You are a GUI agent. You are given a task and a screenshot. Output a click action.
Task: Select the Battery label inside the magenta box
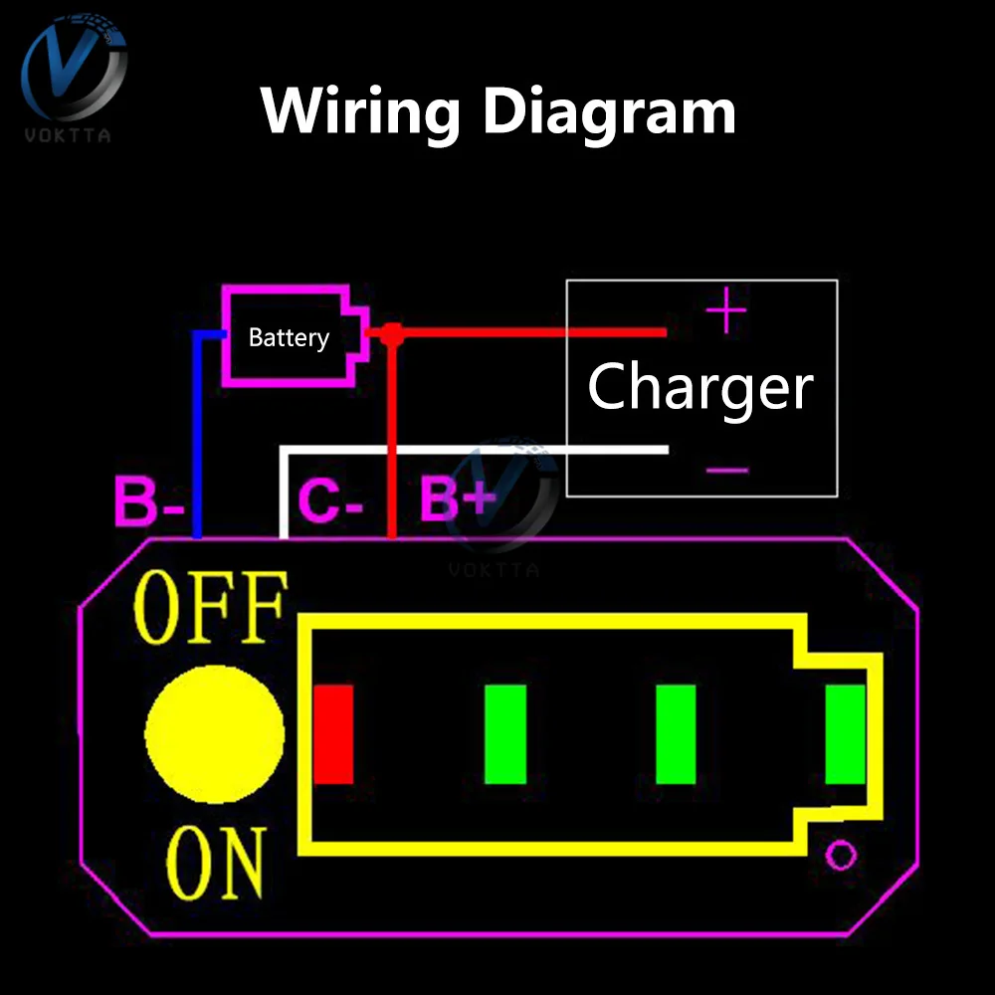pos(289,338)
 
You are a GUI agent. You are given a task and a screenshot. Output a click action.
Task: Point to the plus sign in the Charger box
pos(725,311)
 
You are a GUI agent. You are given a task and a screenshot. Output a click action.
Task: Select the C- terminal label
pos(329,502)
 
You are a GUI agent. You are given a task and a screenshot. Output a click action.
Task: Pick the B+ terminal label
pos(457,499)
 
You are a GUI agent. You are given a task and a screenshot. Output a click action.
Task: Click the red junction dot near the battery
pos(391,334)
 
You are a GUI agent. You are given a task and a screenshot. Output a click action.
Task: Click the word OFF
pos(212,607)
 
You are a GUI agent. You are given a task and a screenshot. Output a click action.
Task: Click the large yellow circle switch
pos(215,732)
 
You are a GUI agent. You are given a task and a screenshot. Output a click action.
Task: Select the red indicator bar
pos(334,734)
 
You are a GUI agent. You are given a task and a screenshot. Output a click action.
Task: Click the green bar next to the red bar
pos(505,734)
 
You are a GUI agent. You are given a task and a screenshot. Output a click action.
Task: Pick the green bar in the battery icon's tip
pos(846,734)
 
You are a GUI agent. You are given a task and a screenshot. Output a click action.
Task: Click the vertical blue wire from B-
pos(197,438)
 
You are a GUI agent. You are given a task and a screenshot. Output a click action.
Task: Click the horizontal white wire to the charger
pos(478,450)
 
